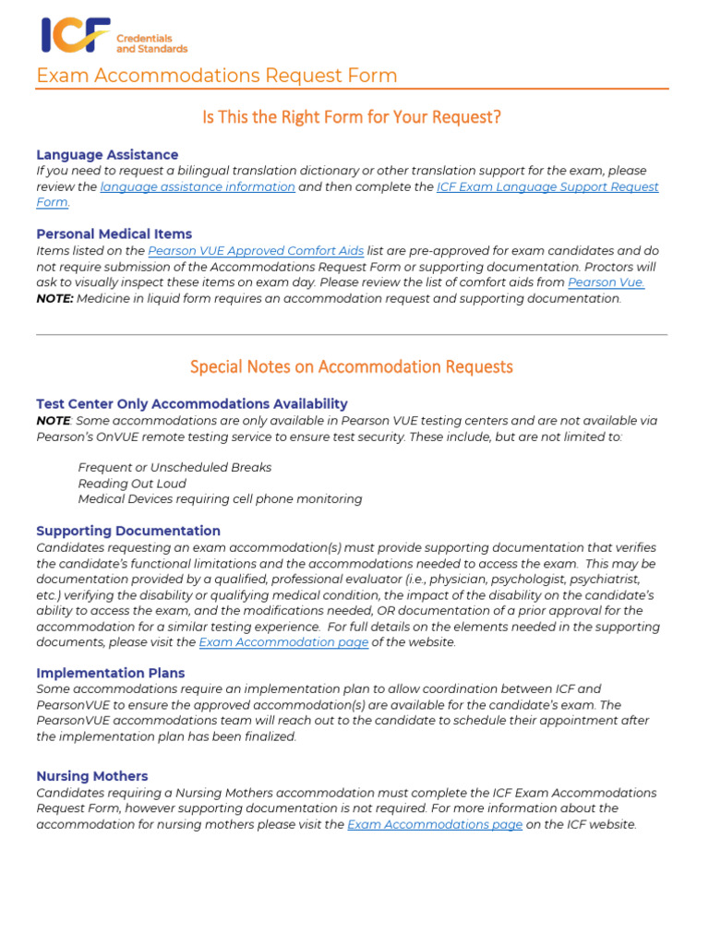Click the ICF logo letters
[x=74, y=35]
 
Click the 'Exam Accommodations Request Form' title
[x=217, y=76]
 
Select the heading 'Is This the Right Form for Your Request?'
[x=351, y=117]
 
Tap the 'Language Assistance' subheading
[x=107, y=155]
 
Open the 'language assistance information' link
[x=198, y=187]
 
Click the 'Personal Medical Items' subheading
[x=114, y=234]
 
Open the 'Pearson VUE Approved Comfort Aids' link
[x=256, y=251]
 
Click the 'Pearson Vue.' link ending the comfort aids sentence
[x=606, y=282]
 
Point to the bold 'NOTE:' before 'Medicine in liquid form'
[x=54, y=299]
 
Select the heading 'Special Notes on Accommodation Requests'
[x=351, y=367]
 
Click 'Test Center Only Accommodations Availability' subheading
[x=192, y=404]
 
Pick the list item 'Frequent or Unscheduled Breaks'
[x=174, y=468]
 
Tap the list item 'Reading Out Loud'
[x=132, y=484]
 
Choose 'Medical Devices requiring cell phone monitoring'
[x=220, y=499]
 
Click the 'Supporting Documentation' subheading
[x=128, y=532]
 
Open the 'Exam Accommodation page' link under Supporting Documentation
[x=283, y=643]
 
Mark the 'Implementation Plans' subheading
[x=110, y=674]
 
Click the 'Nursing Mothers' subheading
[x=91, y=777]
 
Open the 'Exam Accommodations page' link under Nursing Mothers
[x=435, y=825]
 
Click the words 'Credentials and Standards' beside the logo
[x=151, y=43]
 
